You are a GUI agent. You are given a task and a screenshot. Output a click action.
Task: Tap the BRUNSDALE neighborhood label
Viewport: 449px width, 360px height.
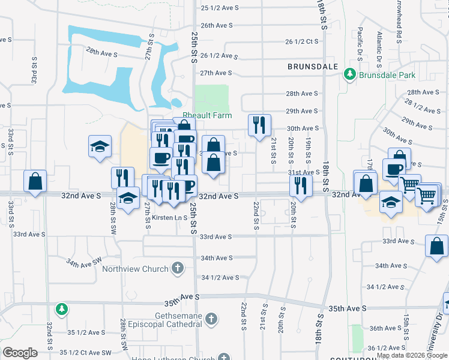(x=313, y=67)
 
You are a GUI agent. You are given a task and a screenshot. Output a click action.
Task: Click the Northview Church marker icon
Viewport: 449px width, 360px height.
(x=177, y=268)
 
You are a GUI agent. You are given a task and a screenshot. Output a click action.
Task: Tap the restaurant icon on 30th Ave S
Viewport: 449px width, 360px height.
(x=259, y=125)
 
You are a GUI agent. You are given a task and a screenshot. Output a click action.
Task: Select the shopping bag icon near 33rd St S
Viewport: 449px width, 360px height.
(x=35, y=181)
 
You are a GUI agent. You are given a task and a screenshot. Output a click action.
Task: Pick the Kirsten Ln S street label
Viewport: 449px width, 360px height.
(x=169, y=217)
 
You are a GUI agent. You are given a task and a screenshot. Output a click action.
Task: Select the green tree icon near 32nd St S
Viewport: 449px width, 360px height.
(x=61, y=310)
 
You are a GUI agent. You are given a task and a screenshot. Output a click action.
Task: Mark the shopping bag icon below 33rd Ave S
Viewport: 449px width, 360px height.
(x=436, y=245)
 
